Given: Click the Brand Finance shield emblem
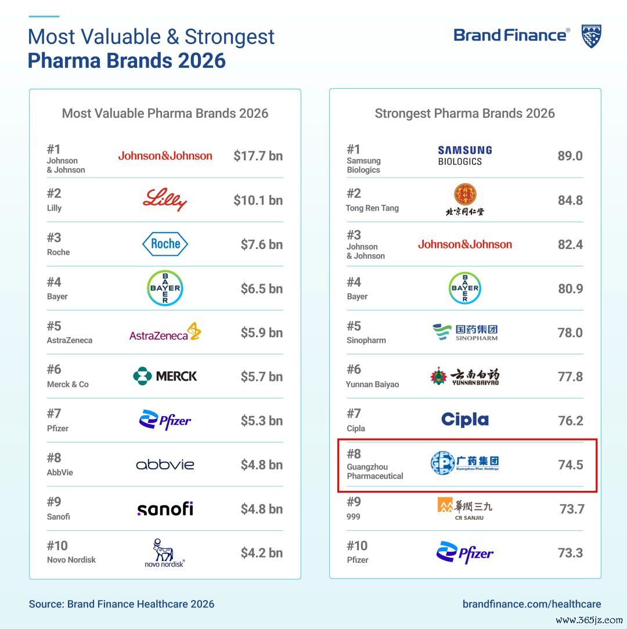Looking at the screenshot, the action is point(591,36).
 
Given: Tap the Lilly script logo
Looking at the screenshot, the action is point(165,200).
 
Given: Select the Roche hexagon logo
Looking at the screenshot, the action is point(165,244).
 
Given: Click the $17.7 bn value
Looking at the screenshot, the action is point(258,156).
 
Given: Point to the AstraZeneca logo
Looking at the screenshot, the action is point(165,332).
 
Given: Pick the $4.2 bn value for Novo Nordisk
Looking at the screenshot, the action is point(262,553).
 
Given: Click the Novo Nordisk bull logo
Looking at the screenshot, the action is point(164,553).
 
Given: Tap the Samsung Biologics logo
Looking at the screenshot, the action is point(465,156).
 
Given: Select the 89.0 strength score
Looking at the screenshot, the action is point(570,156).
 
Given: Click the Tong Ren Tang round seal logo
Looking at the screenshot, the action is point(465,194).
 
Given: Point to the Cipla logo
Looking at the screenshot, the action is point(465,420).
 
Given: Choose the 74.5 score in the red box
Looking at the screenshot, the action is point(571,465).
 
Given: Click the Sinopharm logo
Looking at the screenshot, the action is point(465,332).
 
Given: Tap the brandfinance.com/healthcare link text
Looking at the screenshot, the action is point(532,604).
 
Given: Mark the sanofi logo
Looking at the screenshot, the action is point(165,509).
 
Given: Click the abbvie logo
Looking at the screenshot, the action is point(165,465).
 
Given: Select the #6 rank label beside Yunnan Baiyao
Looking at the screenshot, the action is point(354,370).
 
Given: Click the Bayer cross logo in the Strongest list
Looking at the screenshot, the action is point(465,288).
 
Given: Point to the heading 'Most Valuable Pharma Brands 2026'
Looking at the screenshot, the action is point(165,114).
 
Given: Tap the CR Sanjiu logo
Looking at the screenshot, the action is point(465,509).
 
